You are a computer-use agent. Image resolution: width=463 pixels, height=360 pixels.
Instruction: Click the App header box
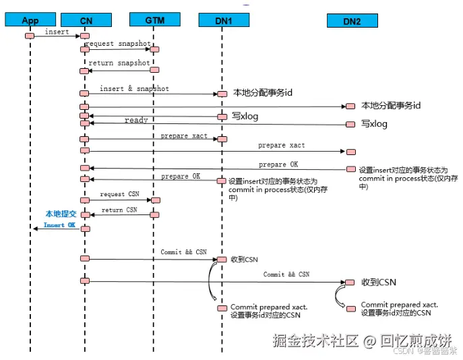(x=30, y=20)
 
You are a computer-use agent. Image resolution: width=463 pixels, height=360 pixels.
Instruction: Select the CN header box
(x=86, y=20)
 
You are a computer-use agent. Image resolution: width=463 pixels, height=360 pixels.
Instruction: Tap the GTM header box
(x=154, y=20)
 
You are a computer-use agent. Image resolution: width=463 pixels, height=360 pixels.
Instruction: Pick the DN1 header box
(x=222, y=20)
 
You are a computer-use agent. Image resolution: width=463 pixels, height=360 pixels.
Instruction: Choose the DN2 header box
(x=352, y=21)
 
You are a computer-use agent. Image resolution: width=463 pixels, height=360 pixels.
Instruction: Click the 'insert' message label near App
(x=57, y=32)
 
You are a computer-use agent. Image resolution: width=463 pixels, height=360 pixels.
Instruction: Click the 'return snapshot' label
(x=119, y=63)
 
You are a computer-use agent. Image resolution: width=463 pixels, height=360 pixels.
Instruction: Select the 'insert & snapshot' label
(x=134, y=88)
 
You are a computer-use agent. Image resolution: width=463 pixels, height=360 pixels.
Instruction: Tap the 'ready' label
(x=136, y=120)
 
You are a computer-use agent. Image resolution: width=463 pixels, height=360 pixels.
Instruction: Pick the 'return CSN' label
(x=119, y=210)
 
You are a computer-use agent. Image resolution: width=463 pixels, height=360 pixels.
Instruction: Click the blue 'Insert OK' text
(x=59, y=225)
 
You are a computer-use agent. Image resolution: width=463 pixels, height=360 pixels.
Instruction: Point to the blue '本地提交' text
(x=59, y=213)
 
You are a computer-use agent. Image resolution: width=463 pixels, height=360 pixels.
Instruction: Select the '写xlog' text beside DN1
(x=245, y=116)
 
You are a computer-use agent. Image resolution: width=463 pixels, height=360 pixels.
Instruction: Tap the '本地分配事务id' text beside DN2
(x=392, y=105)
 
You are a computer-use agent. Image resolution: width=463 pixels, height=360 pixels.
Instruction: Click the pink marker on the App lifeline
(x=30, y=36)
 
